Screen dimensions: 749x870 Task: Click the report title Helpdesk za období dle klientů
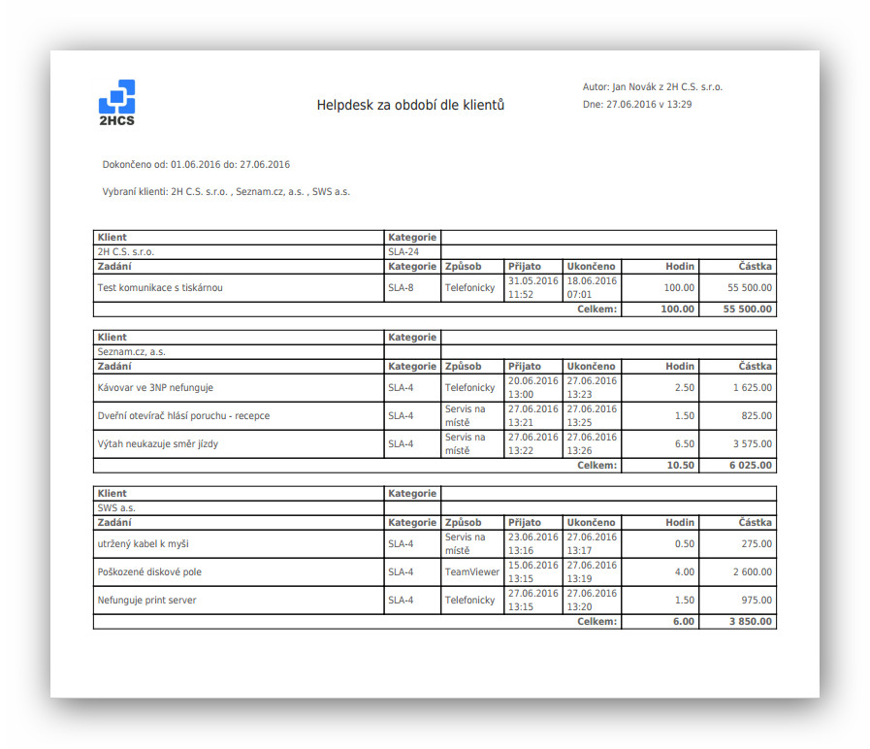(410, 105)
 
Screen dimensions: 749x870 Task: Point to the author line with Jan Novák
(652, 86)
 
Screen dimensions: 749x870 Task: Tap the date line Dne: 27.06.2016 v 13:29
(636, 104)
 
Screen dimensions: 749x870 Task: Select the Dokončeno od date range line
(196, 164)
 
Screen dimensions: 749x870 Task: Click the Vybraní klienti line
(226, 191)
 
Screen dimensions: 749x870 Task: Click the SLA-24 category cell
(403, 251)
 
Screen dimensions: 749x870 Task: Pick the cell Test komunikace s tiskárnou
(160, 287)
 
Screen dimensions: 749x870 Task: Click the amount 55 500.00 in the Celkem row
(748, 309)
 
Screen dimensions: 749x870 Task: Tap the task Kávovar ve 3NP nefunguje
(155, 387)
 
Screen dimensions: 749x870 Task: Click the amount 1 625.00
(751, 387)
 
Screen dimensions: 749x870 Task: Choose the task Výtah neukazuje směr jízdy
(158, 443)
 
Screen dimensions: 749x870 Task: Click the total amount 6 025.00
(751, 466)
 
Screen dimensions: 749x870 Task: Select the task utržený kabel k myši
(144, 543)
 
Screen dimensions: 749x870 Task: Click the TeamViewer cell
(471, 571)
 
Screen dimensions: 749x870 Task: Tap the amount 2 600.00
(751, 571)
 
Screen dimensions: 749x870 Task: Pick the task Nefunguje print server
(146, 600)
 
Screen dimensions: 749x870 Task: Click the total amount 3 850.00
(751, 622)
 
